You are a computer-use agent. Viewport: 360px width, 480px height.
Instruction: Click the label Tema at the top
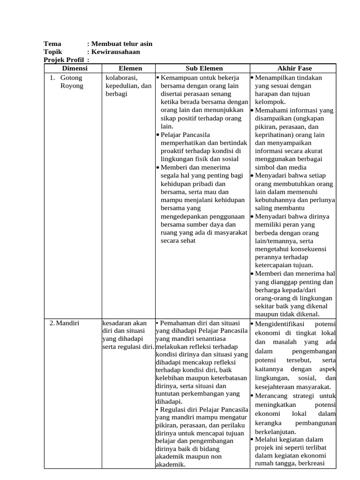click(x=52, y=44)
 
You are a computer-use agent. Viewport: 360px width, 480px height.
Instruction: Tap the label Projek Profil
click(x=64, y=60)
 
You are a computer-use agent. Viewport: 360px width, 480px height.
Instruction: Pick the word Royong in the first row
click(x=72, y=86)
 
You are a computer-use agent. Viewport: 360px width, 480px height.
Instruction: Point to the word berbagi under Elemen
click(x=116, y=94)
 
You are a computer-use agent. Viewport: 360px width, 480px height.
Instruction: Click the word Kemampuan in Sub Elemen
click(x=180, y=77)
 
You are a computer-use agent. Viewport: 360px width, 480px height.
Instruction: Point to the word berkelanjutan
click(x=275, y=432)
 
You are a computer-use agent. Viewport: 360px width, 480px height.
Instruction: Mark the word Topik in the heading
click(x=52, y=52)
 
